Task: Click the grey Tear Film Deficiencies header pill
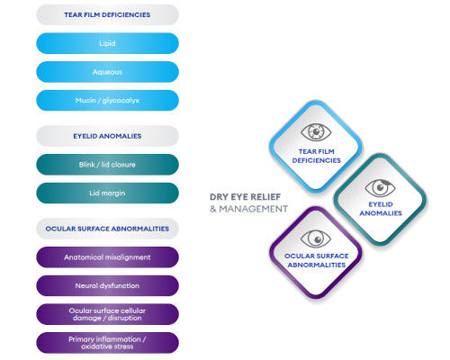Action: [107, 14]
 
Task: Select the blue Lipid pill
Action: [107, 42]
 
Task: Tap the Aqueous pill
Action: [107, 71]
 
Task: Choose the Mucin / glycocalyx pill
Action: [107, 100]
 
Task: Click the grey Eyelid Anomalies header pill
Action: [107, 136]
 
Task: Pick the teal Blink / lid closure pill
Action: [107, 165]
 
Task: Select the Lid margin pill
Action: [107, 193]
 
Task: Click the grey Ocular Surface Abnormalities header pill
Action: [107, 229]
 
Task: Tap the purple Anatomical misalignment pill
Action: [107, 257]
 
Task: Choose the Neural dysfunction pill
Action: [107, 286]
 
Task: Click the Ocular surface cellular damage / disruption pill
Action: [107, 314]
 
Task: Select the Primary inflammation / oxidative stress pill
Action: [107, 343]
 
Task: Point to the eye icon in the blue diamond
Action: [316, 133]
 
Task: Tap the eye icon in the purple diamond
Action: [316, 238]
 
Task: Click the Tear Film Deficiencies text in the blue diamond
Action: [316, 156]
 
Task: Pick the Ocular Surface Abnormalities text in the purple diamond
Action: [316, 260]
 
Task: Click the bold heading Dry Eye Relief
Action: [247, 195]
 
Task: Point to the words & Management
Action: [248, 209]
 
